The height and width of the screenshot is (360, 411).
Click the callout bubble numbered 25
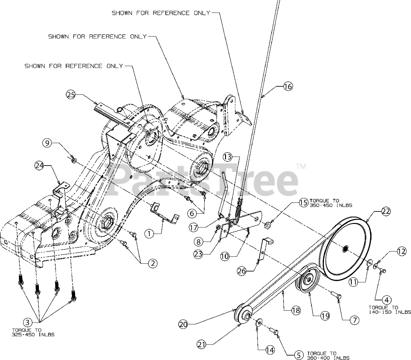point(71,95)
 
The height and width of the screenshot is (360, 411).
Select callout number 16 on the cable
point(288,86)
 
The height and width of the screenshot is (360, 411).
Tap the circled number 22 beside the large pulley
point(386,211)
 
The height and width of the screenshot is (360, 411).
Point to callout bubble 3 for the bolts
point(27,321)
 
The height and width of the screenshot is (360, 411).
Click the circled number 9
point(47,143)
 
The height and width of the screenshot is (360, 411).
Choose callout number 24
point(39,166)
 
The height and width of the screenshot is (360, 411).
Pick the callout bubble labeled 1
point(149,234)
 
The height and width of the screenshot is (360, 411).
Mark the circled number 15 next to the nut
point(303,203)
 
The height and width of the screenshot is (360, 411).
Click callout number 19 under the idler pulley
point(325,316)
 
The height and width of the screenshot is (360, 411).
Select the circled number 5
point(299,355)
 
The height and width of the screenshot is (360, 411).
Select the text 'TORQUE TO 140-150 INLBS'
point(389,310)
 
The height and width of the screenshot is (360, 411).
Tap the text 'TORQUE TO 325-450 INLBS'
point(33,332)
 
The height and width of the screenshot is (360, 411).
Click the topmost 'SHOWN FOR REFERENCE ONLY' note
point(161,13)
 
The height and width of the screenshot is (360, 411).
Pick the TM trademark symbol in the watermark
point(301,167)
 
